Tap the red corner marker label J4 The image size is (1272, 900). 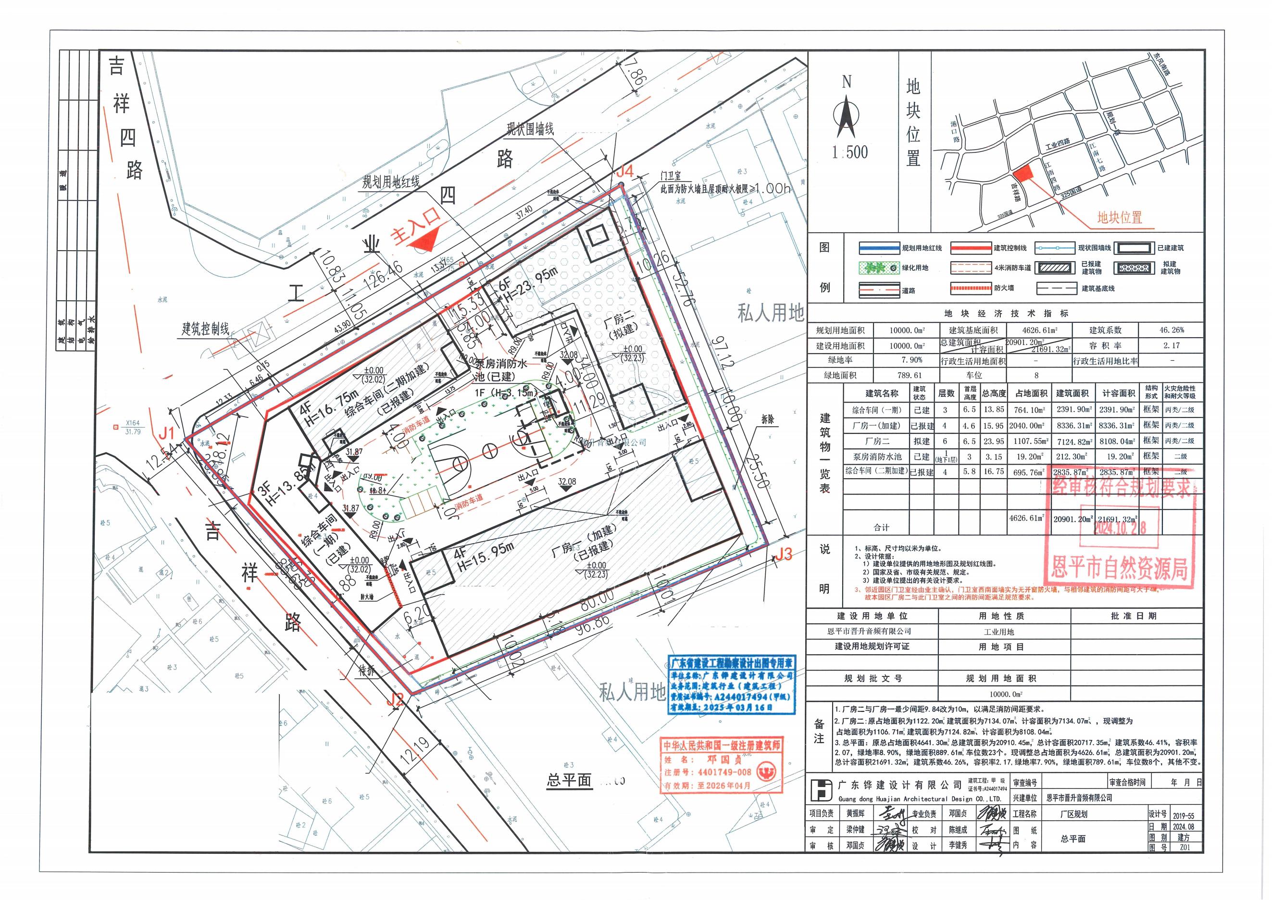point(624,172)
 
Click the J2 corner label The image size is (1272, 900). point(395,700)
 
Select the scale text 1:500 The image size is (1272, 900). point(849,152)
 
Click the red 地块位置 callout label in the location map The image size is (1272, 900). point(1120,218)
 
